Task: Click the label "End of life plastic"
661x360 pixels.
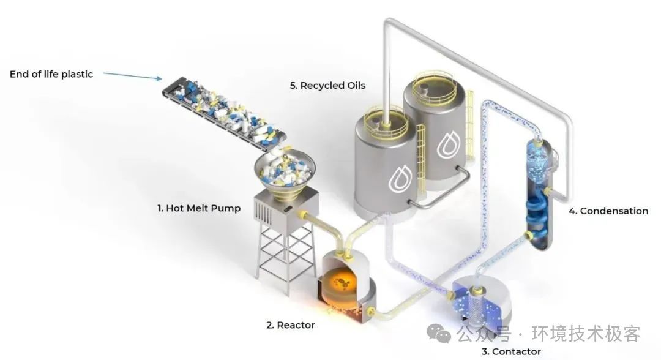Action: pyautogui.click(x=51, y=74)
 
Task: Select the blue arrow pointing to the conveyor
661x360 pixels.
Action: pyautogui.click(x=132, y=76)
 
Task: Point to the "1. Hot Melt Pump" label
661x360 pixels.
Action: pyautogui.click(x=199, y=208)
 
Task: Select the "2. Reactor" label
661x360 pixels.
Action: pyautogui.click(x=290, y=325)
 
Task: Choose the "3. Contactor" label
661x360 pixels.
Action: pyautogui.click(x=511, y=351)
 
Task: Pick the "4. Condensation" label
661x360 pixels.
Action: pyautogui.click(x=608, y=211)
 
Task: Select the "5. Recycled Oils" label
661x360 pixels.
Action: pyautogui.click(x=327, y=86)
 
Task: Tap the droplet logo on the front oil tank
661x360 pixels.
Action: pyautogui.click(x=399, y=177)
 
